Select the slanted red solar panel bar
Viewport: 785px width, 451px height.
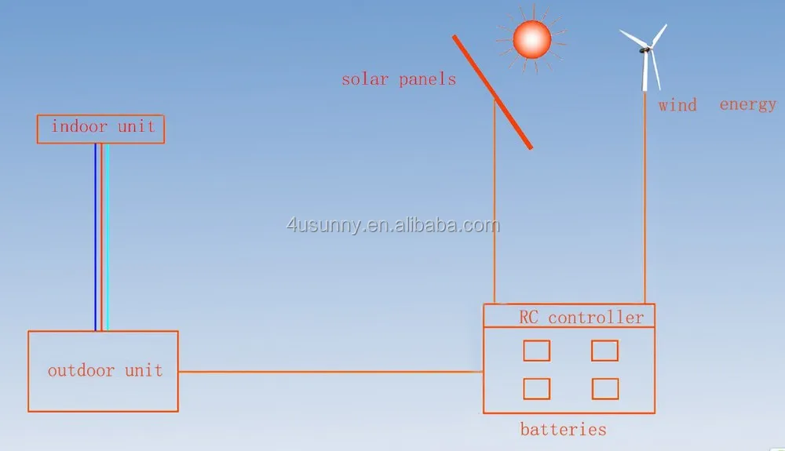point(492,91)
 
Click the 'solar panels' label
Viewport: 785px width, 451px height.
point(398,79)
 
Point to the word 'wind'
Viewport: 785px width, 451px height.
point(677,104)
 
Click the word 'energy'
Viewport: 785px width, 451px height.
point(747,104)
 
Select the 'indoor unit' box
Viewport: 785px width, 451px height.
point(101,129)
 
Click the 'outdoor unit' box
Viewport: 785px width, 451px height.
point(104,371)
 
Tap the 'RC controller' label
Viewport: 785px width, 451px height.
point(581,317)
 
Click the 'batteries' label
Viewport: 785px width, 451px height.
point(563,429)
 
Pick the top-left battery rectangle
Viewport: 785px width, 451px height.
point(537,350)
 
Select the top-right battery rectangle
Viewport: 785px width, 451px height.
point(604,350)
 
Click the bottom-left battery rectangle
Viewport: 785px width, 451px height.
point(537,388)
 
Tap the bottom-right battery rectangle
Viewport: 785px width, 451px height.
point(605,388)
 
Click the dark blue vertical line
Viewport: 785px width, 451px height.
point(96,235)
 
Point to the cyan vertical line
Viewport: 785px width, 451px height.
point(107,235)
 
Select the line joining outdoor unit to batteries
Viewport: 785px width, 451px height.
point(330,372)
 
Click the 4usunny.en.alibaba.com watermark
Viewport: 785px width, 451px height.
point(392,226)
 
